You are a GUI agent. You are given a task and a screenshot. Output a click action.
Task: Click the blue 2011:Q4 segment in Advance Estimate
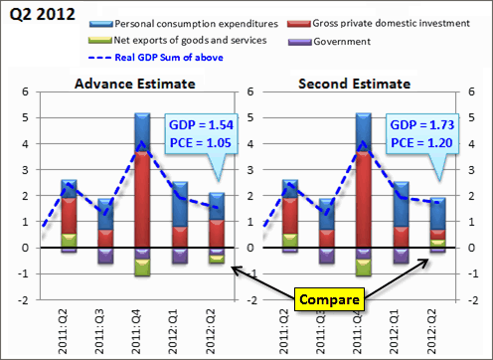point(142,129)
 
